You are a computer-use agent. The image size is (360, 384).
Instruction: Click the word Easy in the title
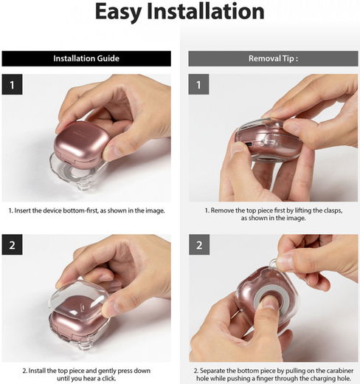click(x=118, y=13)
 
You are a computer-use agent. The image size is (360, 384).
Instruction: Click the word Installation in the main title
click(x=206, y=11)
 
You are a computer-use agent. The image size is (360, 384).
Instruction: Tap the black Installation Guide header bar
click(x=86, y=58)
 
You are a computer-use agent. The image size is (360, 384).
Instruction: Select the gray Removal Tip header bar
click(x=273, y=58)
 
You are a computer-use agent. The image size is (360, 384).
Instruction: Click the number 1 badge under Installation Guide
click(x=12, y=84)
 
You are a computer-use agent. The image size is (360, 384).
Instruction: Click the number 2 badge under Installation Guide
click(x=12, y=244)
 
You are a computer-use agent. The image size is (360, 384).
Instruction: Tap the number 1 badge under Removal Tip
click(x=198, y=84)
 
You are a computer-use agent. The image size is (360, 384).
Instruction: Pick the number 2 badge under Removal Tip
click(x=199, y=244)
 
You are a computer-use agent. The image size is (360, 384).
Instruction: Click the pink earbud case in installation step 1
click(x=81, y=143)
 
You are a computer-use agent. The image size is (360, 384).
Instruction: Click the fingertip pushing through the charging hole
click(x=271, y=302)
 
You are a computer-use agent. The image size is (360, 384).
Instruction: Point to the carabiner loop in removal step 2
click(x=274, y=264)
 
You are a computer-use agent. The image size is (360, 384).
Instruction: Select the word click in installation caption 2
click(x=108, y=378)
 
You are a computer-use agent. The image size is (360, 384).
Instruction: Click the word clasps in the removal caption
click(x=333, y=210)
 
